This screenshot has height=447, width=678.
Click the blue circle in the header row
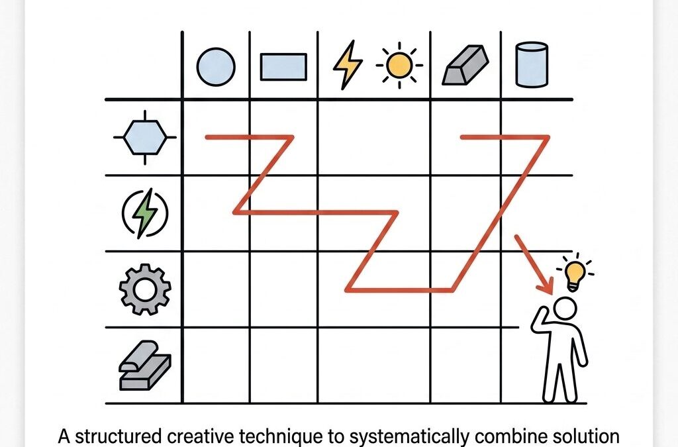point(216,67)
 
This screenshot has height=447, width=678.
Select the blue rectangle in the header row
point(283,67)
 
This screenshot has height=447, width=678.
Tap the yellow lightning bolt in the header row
point(348,65)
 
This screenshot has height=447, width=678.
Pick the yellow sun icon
point(399,66)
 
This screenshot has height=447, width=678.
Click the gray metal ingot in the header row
point(465,65)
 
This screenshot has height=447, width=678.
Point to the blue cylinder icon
point(532,64)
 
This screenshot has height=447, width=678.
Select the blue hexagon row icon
point(145,138)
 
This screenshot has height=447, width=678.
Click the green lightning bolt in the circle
point(145,213)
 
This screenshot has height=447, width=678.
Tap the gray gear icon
point(145,289)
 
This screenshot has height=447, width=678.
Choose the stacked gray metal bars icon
point(145,366)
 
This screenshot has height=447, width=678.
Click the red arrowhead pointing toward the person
point(546,285)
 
